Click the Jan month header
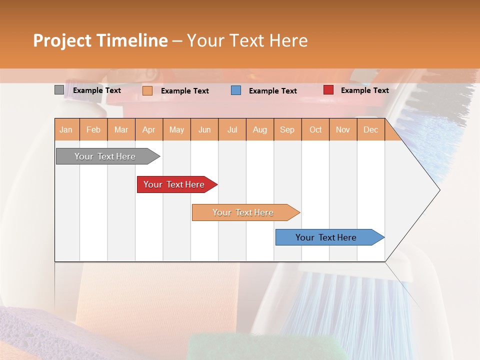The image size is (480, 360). [66, 130]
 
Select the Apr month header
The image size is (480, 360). [148, 130]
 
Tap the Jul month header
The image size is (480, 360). [232, 130]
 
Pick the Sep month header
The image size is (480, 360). [287, 130]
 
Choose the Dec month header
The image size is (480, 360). [370, 130]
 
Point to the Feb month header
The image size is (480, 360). [93, 130]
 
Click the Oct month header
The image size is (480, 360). [315, 130]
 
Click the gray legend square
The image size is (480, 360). [59, 90]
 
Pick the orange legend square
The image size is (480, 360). [147, 90]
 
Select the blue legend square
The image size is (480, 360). [236, 90]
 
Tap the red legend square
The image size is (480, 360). [328, 90]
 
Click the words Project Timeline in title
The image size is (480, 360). [100, 40]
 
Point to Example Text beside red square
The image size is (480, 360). [364, 90]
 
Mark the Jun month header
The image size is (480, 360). [204, 130]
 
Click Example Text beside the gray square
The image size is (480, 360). [97, 90]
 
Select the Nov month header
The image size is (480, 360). [343, 130]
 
